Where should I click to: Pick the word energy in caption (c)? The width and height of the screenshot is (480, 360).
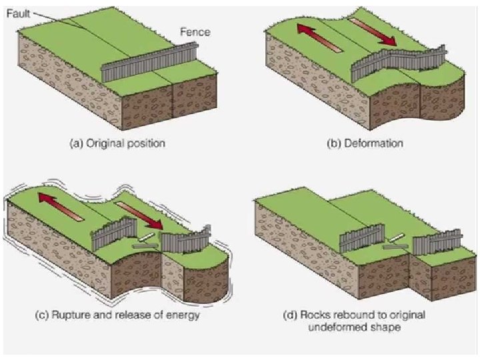tap(184, 315)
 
